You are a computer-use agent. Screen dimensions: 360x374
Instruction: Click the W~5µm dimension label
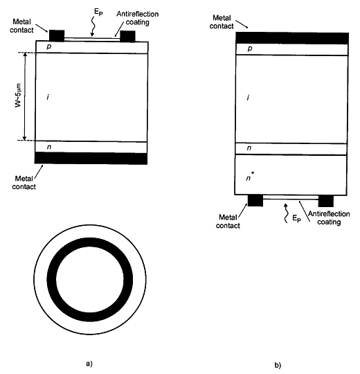pyautogui.click(x=19, y=96)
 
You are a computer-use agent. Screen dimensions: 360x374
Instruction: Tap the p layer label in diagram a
pyautogui.click(x=49, y=46)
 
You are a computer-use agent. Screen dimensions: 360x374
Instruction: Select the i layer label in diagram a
pyautogui.click(x=48, y=97)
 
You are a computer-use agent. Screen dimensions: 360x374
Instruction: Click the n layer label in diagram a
pyautogui.click(x=49, y=147)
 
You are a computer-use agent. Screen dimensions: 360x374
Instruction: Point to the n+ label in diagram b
pyautogui.click(x=250, y=177)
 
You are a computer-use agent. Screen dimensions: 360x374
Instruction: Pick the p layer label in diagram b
pyautogui.click(x=250, y=48)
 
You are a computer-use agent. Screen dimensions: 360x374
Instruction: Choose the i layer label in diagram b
pyautogui.click(x=248, y=98)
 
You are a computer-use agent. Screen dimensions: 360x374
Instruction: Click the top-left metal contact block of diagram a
pyautogui.click(x=57, y=36)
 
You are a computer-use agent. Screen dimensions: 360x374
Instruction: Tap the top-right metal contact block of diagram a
pyautogui.click(x=127, y=36)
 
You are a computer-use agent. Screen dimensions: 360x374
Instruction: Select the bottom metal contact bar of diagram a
pyautogui.click(x=91, y=158)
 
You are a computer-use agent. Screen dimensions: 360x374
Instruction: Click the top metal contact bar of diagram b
pyautogui.click(x=292, y=38)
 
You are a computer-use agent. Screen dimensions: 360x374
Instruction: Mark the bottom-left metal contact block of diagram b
pyautogui.click(x=255, y=200)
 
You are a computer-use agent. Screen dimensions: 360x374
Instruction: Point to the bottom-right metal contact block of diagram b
pyautogui.click(x=326, y=201)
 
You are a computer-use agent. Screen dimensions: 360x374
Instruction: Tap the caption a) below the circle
pyautogui.click(x=89, y=364)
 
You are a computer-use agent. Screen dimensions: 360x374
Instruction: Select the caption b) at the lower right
pyautogui.click(x=278, y=365)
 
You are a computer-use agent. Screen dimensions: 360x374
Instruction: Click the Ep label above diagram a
pyautogui.click(x=98, y=12)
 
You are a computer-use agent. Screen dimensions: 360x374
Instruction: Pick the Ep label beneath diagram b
pyautogui.click(x=296, y=218)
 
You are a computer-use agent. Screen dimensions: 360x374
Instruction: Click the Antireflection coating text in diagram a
pyautogui.click(x=138, y=18)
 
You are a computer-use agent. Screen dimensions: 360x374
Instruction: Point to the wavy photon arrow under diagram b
pyautogui.click(x=286, y=213)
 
